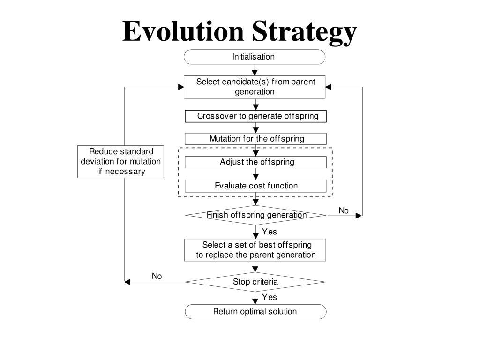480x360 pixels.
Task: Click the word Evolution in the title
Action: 183,31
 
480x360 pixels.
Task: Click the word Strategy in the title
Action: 304,31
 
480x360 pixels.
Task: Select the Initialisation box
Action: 254,57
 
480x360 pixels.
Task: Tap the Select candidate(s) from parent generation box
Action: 255,87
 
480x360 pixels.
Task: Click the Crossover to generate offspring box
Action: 255,116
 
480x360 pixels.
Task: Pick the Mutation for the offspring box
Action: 255,139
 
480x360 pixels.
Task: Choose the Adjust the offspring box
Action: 255,162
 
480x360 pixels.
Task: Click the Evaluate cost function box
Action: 255,186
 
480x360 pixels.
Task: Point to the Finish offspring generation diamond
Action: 255,215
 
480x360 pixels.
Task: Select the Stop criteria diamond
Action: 255,282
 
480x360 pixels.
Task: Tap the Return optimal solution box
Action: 255,311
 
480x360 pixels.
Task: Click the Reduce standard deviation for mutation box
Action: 121,162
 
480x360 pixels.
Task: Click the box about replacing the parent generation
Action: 255,250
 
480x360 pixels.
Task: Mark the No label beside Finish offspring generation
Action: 344,211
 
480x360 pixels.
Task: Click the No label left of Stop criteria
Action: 157,276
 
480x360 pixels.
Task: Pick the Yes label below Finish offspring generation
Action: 270,232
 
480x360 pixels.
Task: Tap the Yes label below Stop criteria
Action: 270,297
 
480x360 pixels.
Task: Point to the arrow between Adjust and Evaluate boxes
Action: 255,174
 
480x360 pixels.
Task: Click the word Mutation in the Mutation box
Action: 225,139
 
